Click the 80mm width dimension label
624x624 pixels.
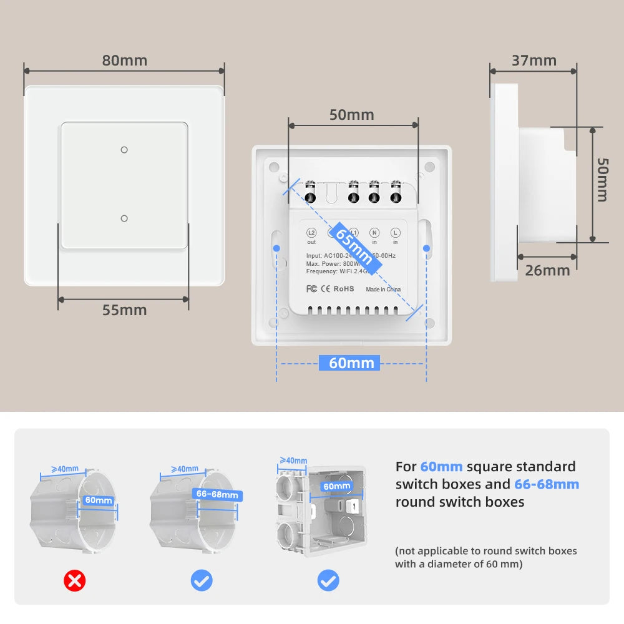pyautogui.click(x=125, y=61)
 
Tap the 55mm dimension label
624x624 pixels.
pyautogui.click(x=125, y=310)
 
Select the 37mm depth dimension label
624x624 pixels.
pyautogui.click(x=534, y=61)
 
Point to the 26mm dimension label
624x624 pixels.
pyautogui.click(x=547, y=270)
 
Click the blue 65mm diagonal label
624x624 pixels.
pyautogui.click(x=354, y=248)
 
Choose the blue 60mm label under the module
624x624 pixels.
pyautogui.click(x=351, y=363)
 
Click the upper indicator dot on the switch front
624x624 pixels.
pyautogui.click(x=124, y=149)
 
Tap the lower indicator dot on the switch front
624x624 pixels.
pyautogui.click(x=124, y=218)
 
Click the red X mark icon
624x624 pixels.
pyautogui.click(x=75, y=581)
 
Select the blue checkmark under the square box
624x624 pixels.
pyautogui.click(x=328, y=581)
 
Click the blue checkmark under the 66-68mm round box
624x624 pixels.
pyautogui.click(x=202, y=581)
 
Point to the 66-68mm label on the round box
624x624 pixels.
pyautogui.click(x=217, y=495)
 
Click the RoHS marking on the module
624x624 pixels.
pyautogui.click(x=343, y=289)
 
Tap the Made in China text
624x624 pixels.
pyautogui.click(x=383, y=290)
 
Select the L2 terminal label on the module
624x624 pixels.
pyautogui.click(x=311, y=232)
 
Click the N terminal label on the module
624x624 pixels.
pyautogui.click(x=374, y=232)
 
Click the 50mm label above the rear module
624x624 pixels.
pyautogui.click(x=351, y=115)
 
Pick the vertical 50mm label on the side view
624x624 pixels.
pyautogui.click(x=602, y=179)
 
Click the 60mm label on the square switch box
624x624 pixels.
pyautogui.click(x=337, y=486)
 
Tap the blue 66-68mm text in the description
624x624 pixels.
pyautogui.click(x=547, y=484)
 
